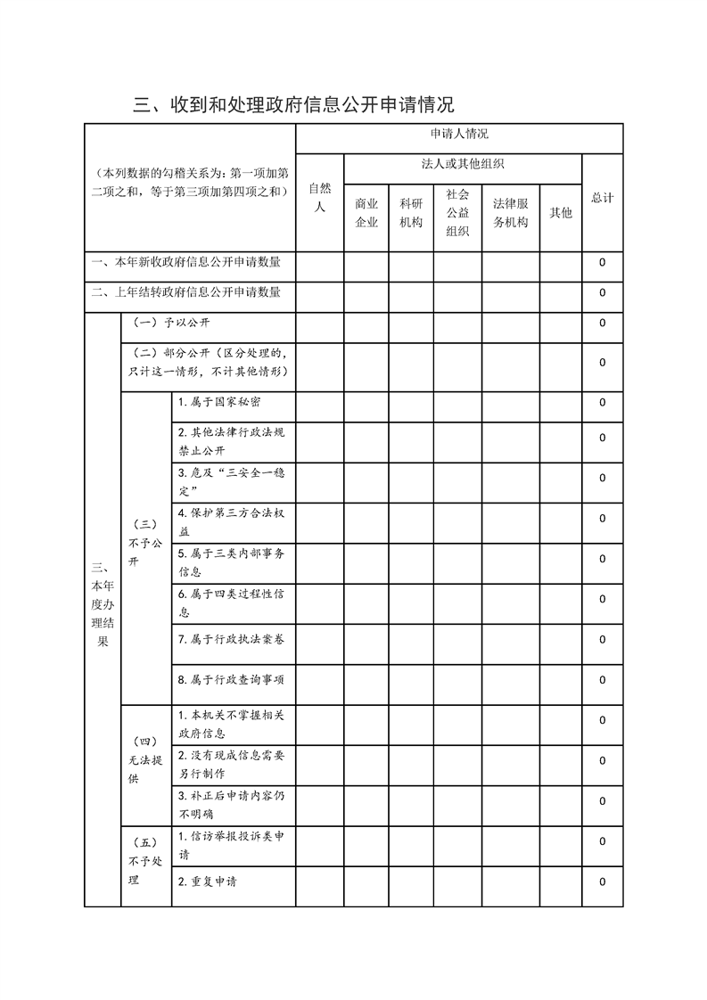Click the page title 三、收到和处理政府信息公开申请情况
(x=294, y=104)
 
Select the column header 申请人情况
(x=458, y=135)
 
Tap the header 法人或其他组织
(x=463, y=164)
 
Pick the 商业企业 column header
(x=366, y=213)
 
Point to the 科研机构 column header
(x=411, y=213)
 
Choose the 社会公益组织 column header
(x=457, y=212)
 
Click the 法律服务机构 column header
(x=511, y=213)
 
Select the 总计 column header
(x=602, y=198)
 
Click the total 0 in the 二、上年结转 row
(x=603, y=292)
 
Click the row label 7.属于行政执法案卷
(x=231, y=639)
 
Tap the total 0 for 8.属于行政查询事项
(x=603, y=680)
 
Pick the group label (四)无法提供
(x=145, y=760)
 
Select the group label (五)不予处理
(x=145, y=861)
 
